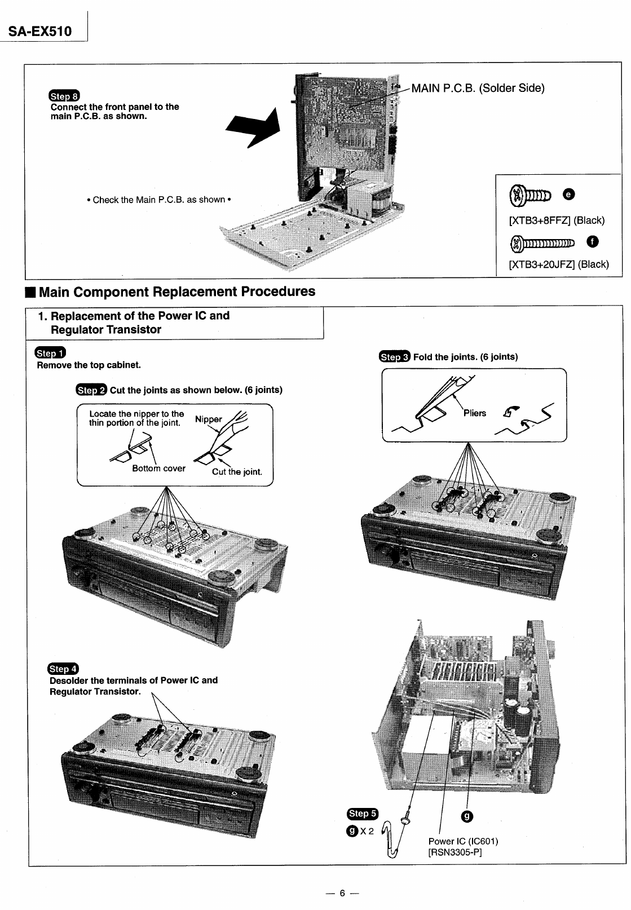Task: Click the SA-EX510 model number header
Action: (x=39, y=30)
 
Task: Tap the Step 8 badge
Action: (x=65, y=95)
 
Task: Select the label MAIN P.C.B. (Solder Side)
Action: (x=478, y=88)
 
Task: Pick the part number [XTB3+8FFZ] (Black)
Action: (x=557, y=220)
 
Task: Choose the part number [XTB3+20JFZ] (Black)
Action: (x=559, y=264)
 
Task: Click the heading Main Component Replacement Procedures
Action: (x=176, y=291)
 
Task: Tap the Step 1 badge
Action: (x=50, y=353)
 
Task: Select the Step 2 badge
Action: (x=91, y=390)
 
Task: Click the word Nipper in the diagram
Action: (x=208, y=419)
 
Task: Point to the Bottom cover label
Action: (x=158, y=468)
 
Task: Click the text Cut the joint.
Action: (x=237, y=472)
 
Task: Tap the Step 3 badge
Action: (x=395, y=356)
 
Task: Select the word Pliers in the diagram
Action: (x=474, y=413)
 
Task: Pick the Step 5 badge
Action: (x=363, y=813)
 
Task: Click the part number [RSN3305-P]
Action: (x=455, y=851)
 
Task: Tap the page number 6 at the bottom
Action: (x=342, y=893)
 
